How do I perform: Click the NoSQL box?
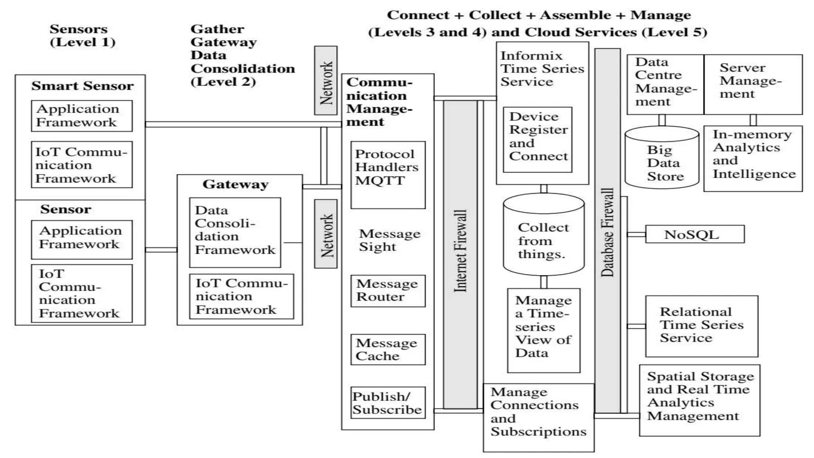[x=694, y=234]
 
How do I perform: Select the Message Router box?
[x=388, y=291]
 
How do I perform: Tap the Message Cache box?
[x=388, y=349]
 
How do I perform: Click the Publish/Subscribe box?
[x=388, y=403]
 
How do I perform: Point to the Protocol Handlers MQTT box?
[x=388, y=175]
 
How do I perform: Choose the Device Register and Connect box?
[x=537, y=140]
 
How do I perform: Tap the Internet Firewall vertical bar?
[x=460, y=254]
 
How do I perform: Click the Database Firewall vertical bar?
[x=607, y=231]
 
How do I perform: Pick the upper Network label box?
[x=326, y=81]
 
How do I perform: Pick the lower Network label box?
[x=326, y=234]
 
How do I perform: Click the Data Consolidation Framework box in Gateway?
[x=235, y=232]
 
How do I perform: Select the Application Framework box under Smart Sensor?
[x=81, y=116]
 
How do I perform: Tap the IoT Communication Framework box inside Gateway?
[x=241, y=296]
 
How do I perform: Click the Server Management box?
[x=753, y=84]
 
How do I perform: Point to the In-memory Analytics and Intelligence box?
[x=753, y=159]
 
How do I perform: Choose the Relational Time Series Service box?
[x=701, y=326]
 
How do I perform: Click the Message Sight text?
[x=389, y=240]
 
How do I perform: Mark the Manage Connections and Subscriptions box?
[x=538, y=417]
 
